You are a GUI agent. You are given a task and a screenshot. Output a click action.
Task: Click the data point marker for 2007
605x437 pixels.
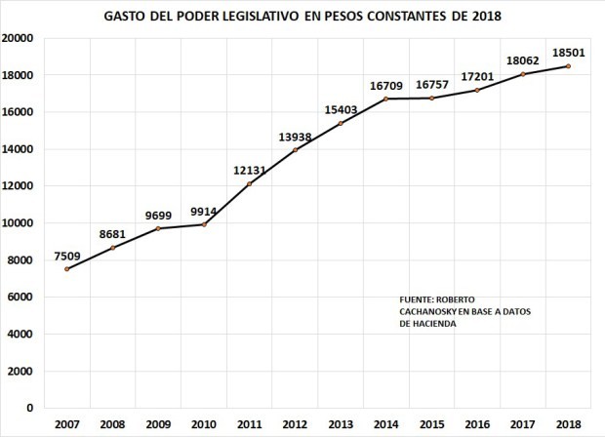tap(66, 269)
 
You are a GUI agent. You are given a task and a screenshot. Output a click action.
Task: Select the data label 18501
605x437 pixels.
tap(568, 53)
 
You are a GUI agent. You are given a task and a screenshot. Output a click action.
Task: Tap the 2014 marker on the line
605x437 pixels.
tap(385, 99)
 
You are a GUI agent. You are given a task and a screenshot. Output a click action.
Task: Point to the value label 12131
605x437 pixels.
tap(249, 170)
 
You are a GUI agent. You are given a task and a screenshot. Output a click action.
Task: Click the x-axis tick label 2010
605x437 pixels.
tap(204, 424)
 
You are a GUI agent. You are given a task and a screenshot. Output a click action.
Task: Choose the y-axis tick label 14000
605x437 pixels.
tap(18, 149)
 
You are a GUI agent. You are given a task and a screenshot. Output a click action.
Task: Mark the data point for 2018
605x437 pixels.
tap(568, 66)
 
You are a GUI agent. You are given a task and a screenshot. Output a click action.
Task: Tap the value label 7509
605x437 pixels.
tap(67, 257)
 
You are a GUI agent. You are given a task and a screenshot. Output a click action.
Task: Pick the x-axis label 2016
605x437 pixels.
tap(477, 424)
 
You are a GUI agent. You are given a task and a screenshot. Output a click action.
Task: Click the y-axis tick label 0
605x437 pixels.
tap(29, 408)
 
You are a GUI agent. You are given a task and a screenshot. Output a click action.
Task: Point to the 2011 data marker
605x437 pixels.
tap(249, 184)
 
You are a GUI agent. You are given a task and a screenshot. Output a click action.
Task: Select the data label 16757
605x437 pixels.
tap(431, 85)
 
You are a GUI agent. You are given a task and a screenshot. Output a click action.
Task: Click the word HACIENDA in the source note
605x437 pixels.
tap(434, 324)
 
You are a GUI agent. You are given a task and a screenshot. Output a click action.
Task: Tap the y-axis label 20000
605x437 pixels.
tap(18, 38)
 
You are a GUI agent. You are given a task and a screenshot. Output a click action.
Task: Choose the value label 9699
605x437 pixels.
tap(158, 216)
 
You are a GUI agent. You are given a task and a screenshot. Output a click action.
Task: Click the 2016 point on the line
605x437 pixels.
tap(477, 91)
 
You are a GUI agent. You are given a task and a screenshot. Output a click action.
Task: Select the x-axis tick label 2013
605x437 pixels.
tap(341, 424)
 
